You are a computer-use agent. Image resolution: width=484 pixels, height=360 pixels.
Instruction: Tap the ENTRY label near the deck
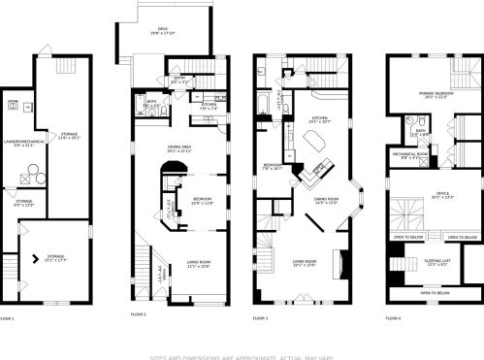(x=179, y=80)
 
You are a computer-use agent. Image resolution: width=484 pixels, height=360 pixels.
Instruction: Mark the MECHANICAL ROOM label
(x=410, y=155)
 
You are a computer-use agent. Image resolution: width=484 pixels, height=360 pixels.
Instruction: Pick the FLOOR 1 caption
(x=8, y=317)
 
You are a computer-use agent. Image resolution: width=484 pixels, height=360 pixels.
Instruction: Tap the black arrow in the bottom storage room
(x=37, y=258)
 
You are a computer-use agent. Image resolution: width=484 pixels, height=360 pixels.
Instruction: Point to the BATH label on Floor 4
(x=421, y=130)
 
